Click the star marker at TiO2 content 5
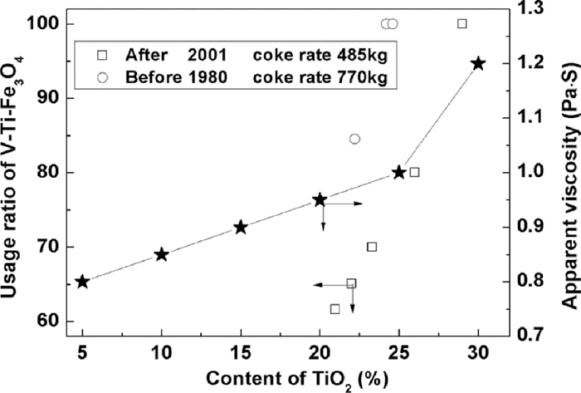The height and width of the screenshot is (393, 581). [x=82, y=282]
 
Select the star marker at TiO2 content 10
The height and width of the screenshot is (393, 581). [x=162, y=254]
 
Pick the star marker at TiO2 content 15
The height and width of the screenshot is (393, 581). [x=241, y=227]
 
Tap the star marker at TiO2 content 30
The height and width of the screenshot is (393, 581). [x=478, y=63]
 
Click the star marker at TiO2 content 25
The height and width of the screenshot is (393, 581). [x=399, y=172]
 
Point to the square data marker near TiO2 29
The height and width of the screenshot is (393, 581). [x=462, y=23]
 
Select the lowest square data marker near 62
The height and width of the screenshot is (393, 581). [x=335, y=309]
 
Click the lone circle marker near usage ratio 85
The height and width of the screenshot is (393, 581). [x=354, y=139]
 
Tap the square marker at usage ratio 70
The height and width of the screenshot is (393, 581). [x=372, y=247]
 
